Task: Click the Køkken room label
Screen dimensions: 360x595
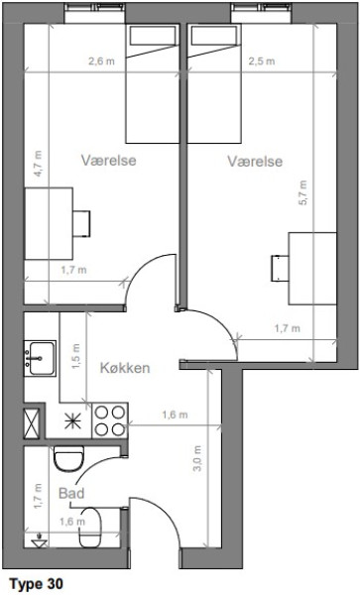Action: coord(125,368)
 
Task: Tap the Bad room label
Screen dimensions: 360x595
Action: coord(71,493)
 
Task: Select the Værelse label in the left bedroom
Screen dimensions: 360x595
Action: coord(108,160)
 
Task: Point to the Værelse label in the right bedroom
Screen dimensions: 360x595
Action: coord(255,162)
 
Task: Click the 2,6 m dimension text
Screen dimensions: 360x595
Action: coord(101,61)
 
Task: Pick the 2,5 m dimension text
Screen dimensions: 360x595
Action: coord(262,61)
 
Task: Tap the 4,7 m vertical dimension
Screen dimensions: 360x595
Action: coord(38,164)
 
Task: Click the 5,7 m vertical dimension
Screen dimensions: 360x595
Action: coord(302,192)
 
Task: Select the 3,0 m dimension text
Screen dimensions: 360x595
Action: coord(197,458)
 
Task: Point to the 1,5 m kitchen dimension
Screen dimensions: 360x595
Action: coord(75,357)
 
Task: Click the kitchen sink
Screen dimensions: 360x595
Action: coord(40,358)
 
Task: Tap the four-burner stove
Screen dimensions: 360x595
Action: coord(110,420)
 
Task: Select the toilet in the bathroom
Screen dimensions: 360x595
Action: coord(68,459)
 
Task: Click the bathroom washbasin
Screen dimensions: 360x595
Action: coord(90,528)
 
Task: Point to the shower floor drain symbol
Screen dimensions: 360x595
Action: coord(39,541)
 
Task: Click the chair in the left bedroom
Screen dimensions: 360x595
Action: coord(81,224)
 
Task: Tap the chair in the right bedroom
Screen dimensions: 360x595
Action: coord(280,269)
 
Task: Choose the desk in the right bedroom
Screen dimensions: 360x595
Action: coord(312,269)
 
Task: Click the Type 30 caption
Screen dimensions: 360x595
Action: coord(37,584)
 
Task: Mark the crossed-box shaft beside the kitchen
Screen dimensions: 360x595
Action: coord(32,423)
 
